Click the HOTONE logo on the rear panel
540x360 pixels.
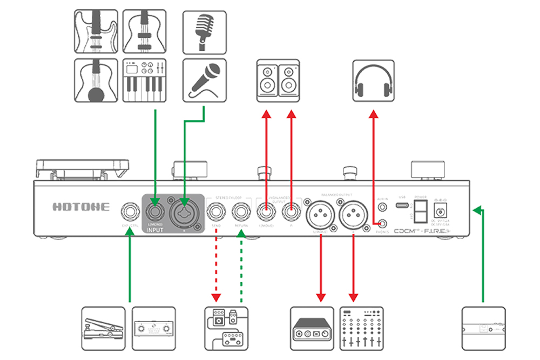tap(81, 207)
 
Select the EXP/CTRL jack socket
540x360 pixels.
tap(130, 209)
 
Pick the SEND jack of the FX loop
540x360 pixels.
tap(216, 209)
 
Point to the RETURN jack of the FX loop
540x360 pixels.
tap(241, 209)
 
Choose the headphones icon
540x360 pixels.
tap(373, 81)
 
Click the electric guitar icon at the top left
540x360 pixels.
tap(96, 32)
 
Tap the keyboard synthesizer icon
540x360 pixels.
tap(144, 80)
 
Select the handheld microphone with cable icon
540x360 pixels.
tap(204, 80)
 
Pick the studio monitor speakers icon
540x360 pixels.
tap(278, 80)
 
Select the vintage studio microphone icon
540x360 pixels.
tap(204, 32)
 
